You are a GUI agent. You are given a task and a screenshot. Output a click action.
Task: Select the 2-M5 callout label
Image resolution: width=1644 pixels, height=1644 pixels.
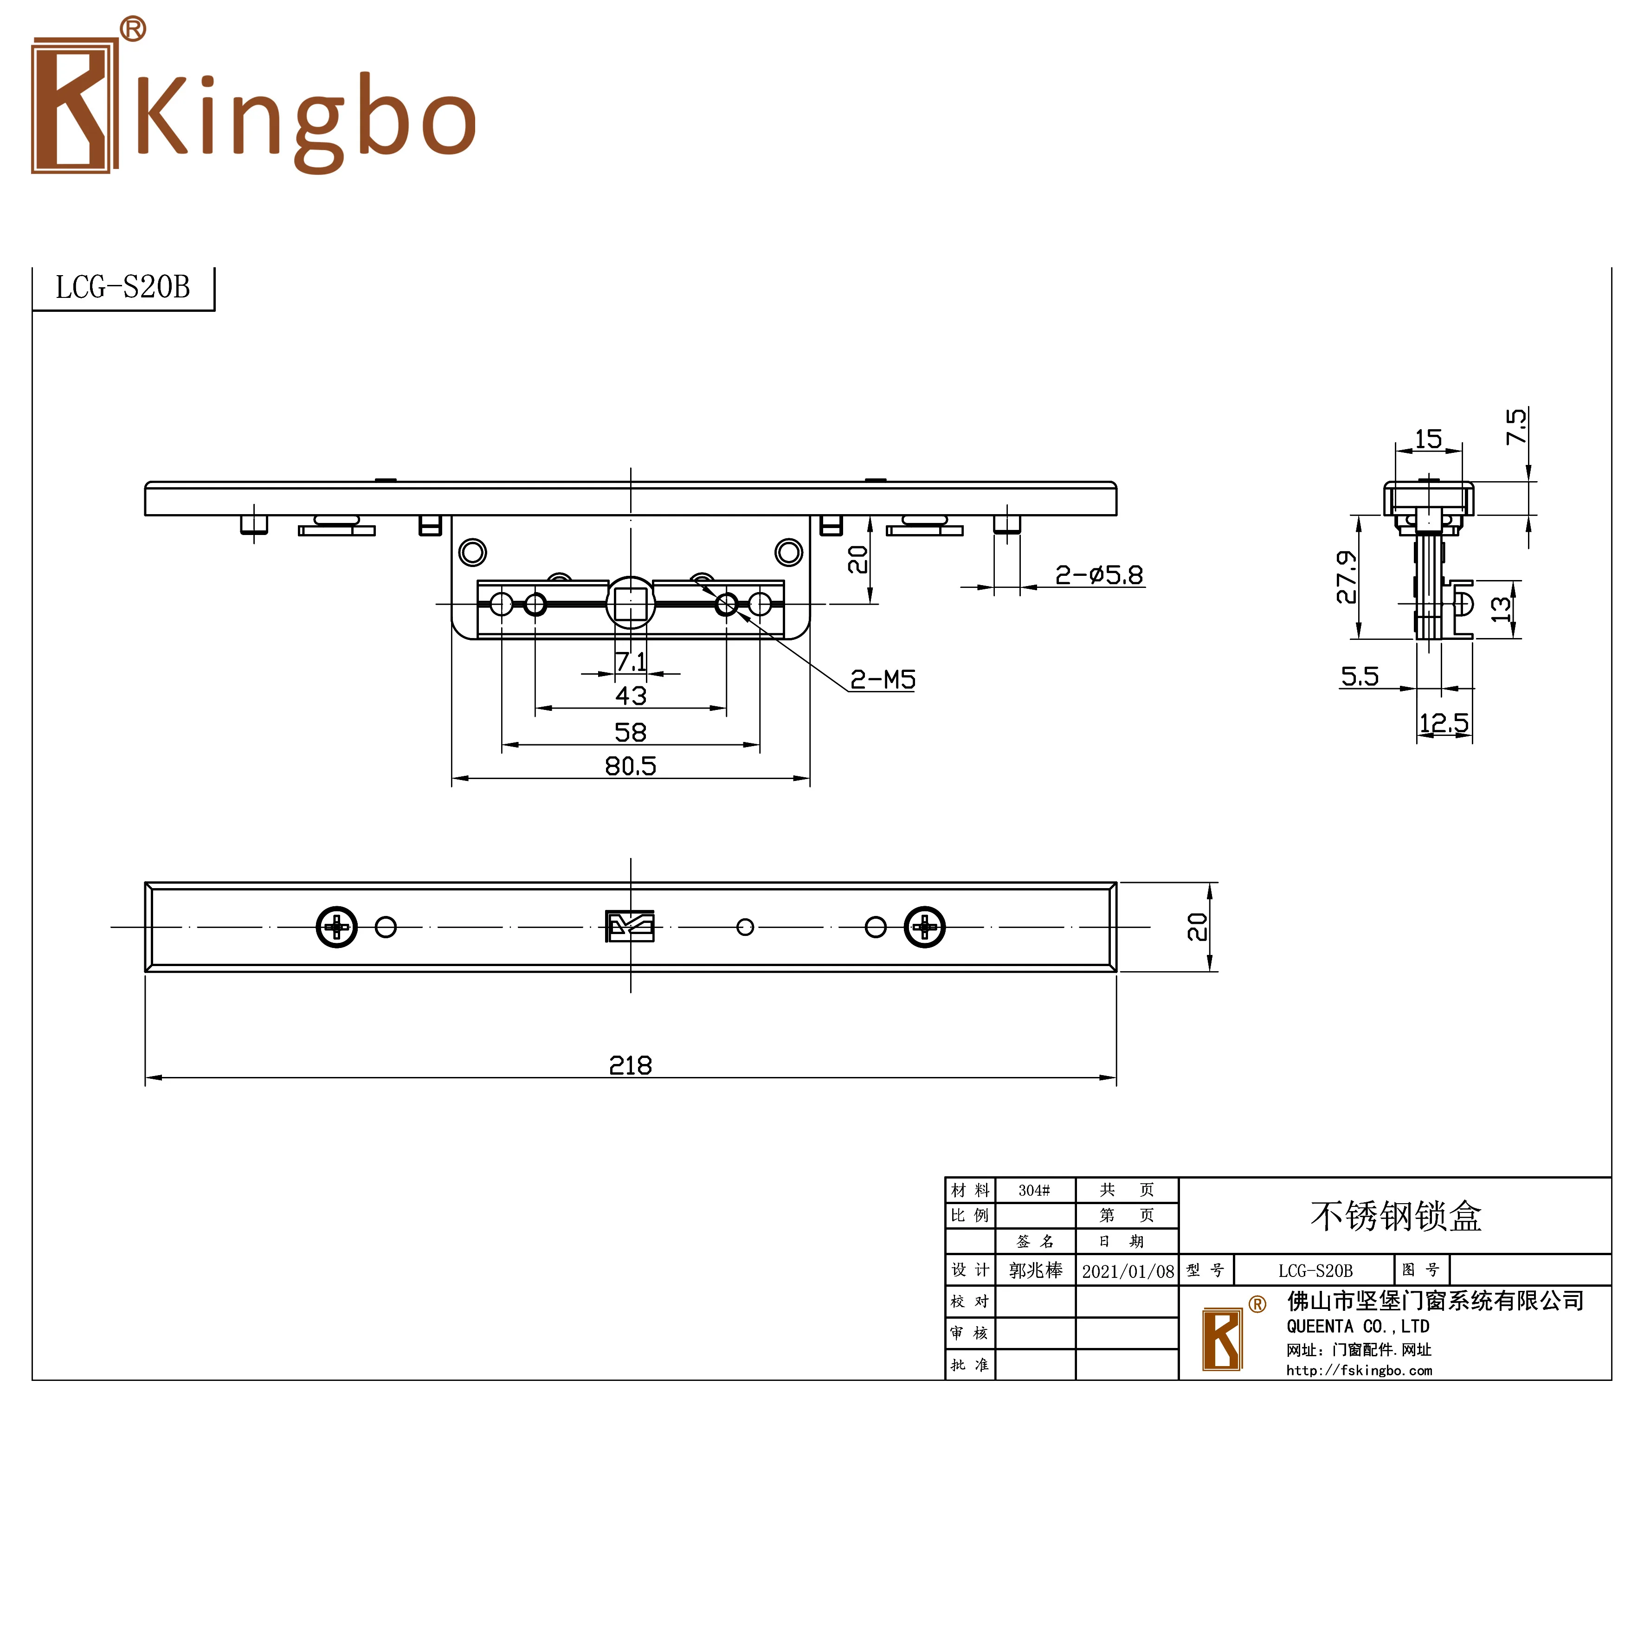[883, 679]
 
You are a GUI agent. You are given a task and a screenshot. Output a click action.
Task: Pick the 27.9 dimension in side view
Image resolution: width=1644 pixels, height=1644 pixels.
[1346, 577]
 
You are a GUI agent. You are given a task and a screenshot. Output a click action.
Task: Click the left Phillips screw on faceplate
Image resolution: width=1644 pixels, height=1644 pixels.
[337, 927]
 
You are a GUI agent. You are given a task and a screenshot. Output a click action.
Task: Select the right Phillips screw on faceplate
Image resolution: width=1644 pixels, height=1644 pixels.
[924, 927]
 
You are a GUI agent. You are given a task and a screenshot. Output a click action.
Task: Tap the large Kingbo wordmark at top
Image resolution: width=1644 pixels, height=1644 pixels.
[306, 119]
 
